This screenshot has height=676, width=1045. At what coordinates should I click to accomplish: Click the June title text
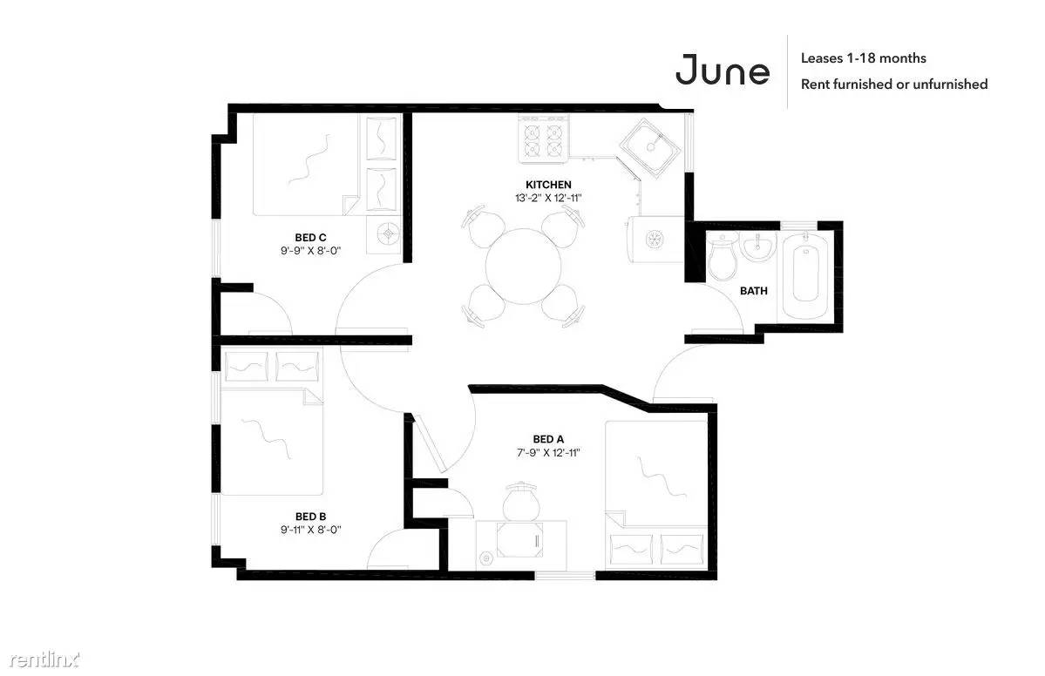(723, 70)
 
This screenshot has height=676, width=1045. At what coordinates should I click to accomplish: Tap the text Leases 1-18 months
(863, 58)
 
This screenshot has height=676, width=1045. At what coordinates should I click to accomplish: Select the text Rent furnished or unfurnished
(893, 84)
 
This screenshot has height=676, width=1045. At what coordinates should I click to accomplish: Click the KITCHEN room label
(548, 185)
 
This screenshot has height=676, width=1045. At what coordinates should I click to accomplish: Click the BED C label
(310, 237)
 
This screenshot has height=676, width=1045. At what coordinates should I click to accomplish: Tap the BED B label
(310, 517)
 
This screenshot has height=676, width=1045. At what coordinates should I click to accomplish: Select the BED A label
(548, 439)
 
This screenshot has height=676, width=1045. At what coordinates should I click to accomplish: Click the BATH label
(753, 290)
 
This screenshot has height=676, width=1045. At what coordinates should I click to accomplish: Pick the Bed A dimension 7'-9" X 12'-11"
(548, 452)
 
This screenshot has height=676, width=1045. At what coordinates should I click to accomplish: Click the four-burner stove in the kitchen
(544, 139)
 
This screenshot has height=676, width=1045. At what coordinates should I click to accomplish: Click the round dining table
(523, 267)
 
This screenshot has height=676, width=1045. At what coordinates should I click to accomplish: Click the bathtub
(805, 275)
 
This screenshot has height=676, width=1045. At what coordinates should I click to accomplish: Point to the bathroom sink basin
(757, 247)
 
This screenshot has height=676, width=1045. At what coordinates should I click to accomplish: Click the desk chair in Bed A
(520, 502)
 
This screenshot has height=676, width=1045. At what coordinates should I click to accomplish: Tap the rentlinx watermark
(44, 659)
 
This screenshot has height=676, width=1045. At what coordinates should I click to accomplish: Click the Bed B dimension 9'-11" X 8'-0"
(310, 530)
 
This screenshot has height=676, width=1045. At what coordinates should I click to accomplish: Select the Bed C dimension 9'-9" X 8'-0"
(310, 250)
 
